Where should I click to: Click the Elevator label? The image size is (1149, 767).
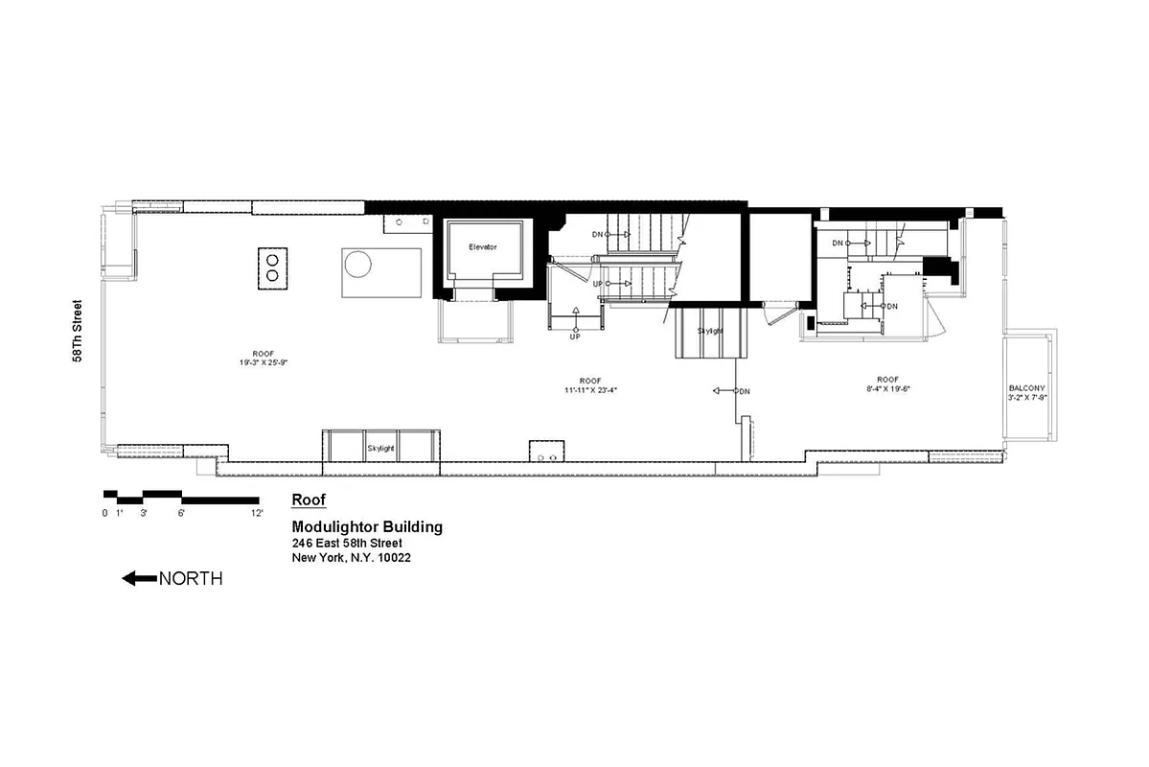483,247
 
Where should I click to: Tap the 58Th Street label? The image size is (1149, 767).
78,331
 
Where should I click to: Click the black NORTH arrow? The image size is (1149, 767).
139,578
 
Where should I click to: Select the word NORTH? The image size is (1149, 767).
191,578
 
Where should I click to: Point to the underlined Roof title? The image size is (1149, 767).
309,500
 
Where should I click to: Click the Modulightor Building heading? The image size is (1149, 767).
367,527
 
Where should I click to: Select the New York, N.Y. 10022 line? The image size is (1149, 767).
352,558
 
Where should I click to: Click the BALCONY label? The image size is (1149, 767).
1026,387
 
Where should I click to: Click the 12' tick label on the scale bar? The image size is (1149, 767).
257,513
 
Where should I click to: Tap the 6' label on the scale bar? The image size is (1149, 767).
180,513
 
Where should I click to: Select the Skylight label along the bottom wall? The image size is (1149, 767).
380,448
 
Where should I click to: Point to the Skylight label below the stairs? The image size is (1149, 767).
710,331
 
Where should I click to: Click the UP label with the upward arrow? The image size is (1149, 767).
575,337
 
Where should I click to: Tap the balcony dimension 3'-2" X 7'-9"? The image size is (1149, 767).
1026,397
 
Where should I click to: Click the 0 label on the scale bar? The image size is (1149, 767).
104,513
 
